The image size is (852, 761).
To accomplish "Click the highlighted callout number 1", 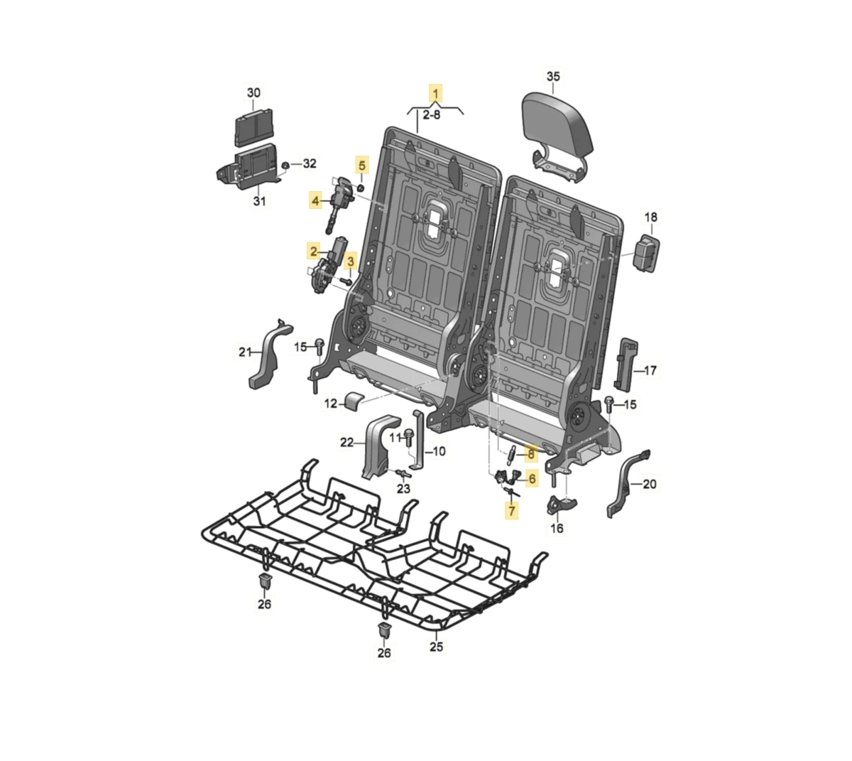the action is coord(436,93).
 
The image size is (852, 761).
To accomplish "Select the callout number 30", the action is coord(253,92).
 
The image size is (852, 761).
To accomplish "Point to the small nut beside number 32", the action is coord(285,164).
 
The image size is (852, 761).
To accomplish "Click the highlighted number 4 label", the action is coord(315,201).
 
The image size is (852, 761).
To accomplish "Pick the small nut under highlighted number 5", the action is coord(361,188).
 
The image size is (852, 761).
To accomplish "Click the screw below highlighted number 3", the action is coord(347,281).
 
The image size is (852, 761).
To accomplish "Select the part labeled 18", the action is coord(646,254).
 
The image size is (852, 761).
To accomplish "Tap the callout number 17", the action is coord(650,370).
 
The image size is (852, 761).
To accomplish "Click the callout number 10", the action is coord(439,452).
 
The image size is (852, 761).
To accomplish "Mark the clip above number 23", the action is coord(403,475).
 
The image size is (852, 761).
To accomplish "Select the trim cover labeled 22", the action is coord(381,447).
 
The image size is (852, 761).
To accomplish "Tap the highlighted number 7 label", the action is coord(512,511).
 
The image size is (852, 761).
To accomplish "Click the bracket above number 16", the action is coord(561,504).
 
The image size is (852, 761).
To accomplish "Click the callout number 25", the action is coord(437,646).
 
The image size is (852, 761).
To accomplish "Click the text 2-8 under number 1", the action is coord(432,114).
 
